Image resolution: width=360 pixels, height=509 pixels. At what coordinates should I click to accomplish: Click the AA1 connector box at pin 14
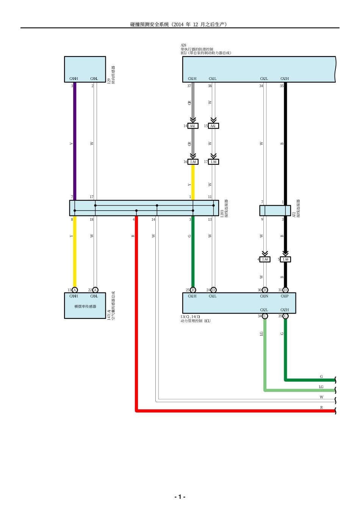click(193, 126)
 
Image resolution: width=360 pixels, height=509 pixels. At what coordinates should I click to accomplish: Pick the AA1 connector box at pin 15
click(213, 126)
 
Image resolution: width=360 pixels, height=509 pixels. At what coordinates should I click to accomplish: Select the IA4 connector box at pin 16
click(193, 162)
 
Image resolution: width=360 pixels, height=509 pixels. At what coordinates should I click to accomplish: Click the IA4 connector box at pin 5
click(285, 259)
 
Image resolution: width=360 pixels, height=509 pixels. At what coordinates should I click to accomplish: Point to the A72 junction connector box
click(275, 210)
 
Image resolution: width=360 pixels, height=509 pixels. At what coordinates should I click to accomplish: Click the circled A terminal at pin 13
click(75, 290)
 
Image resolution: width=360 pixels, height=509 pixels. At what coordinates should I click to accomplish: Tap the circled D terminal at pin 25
click(193, 290)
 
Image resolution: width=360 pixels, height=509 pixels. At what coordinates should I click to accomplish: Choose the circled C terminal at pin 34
click(265, 316)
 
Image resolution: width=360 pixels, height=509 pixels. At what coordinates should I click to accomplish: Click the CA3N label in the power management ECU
click(264, 296)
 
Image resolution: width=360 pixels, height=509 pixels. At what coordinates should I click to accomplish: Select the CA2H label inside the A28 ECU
click(285, 79)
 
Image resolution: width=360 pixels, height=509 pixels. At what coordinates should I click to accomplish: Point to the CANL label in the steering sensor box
click(94, 79)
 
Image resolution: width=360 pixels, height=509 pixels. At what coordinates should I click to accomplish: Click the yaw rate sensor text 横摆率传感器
click(85, 306)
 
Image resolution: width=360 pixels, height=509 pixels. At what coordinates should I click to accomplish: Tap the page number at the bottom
click(180, 497)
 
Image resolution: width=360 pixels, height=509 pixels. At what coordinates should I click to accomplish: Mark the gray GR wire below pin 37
click(193, 102)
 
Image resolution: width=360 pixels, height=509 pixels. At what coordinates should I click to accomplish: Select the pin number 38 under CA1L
click(210, 86)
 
